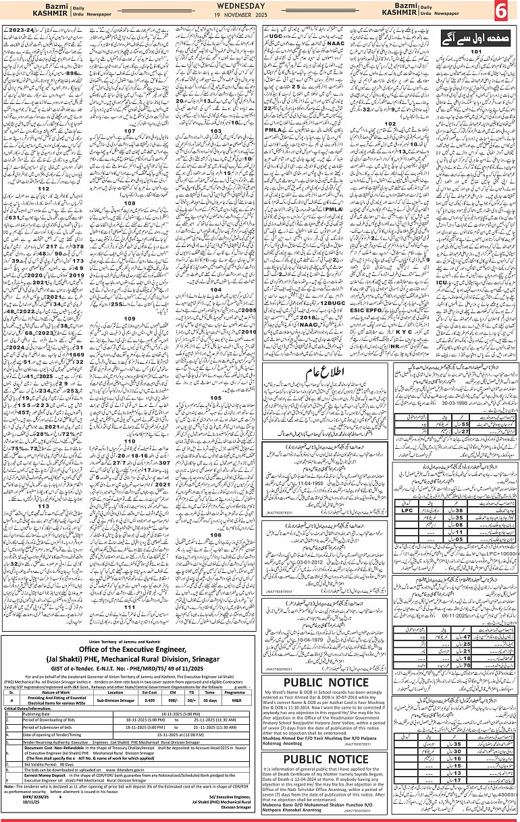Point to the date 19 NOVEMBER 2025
pos(260,14)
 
